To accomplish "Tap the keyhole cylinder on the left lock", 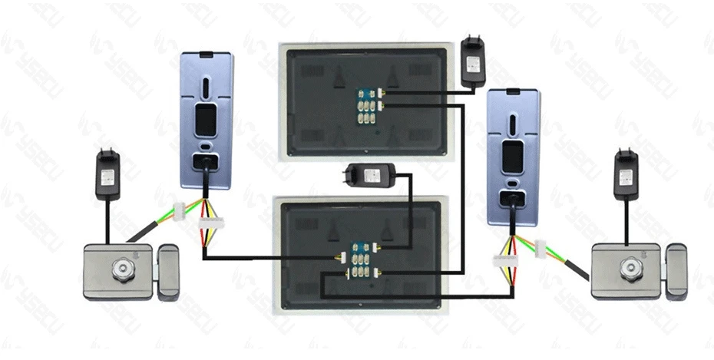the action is pos(123,269).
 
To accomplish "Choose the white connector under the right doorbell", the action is pos(504,259).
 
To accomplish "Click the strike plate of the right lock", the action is pos(676,269).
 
